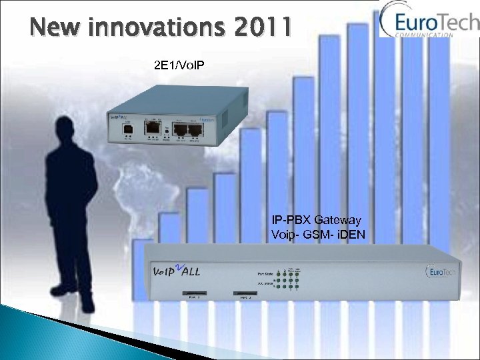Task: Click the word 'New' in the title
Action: (57, 28)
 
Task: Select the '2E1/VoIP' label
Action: (176, 67)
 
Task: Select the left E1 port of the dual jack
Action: (180, 130)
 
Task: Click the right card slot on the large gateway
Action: (246, 292)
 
